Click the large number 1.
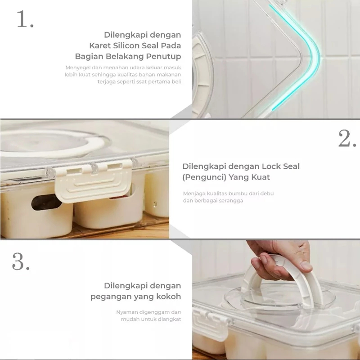25,19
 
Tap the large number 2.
347,139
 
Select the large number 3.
21,261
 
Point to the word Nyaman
125,312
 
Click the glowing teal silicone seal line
316,55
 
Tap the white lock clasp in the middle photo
93,181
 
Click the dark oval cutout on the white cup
45,202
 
